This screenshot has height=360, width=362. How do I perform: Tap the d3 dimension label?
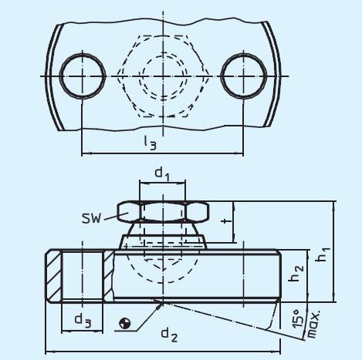point(81,318)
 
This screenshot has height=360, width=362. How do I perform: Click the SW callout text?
point(93,217)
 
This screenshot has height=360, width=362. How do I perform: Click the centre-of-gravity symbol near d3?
point(125,321)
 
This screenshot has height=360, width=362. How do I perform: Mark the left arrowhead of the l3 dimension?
point(84,154)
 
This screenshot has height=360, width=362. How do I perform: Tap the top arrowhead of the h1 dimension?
point(334,206)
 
